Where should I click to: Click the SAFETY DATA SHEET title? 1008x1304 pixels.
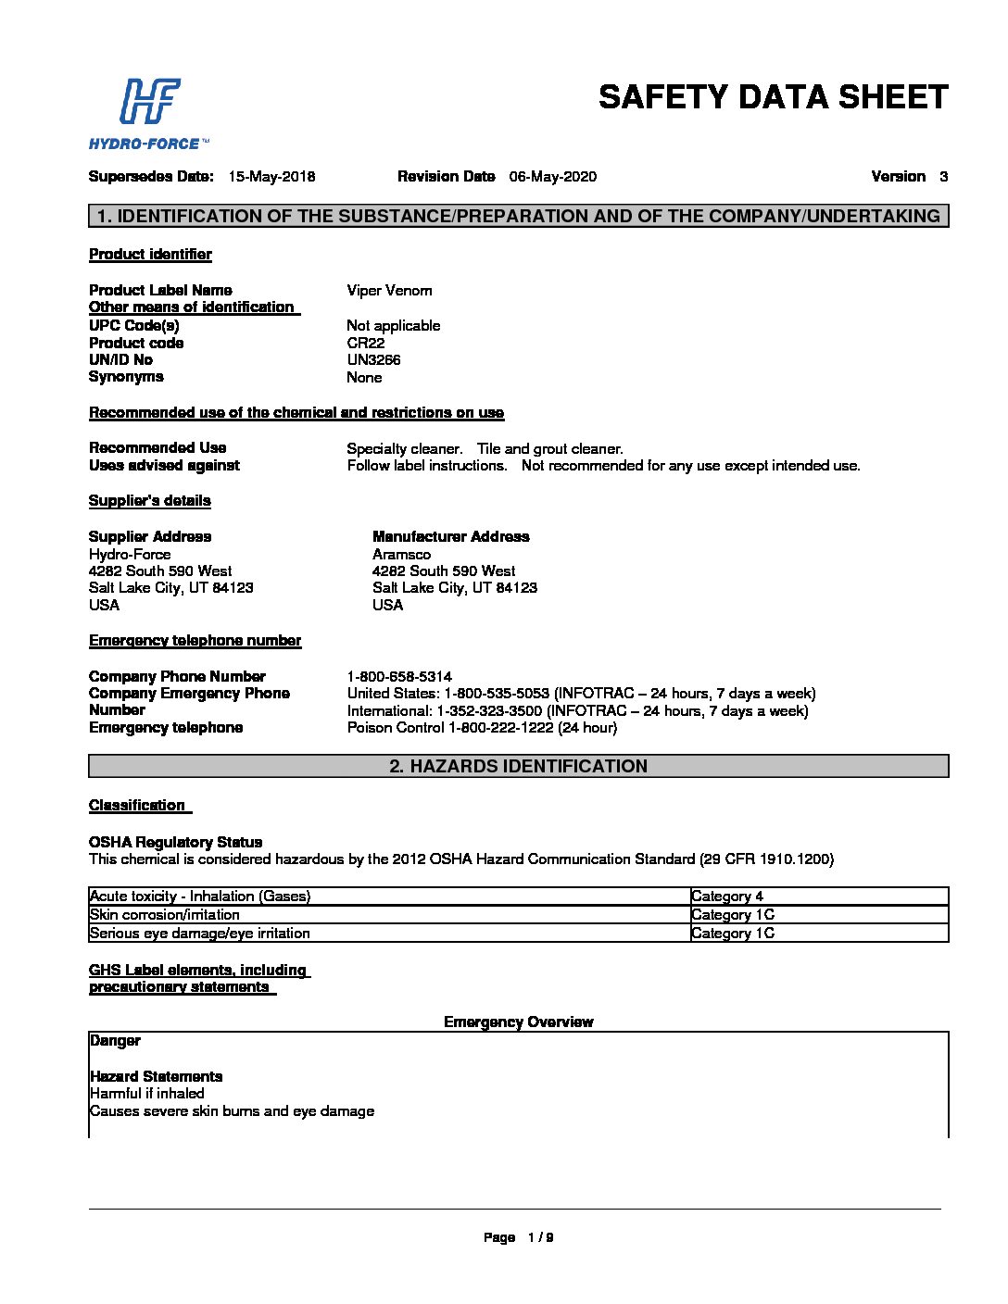click(773, 97)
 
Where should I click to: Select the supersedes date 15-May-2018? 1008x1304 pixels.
click(271, 177)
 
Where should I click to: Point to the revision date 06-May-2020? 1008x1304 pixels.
click(552, 177)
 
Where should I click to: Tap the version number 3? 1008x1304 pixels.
click(943, 177)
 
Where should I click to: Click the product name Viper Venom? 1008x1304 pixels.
click(389, 291)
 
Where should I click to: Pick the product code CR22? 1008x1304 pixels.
click(365, 343)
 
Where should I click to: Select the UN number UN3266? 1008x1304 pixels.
click(373, 360)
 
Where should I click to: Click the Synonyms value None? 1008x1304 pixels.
click(364, 378)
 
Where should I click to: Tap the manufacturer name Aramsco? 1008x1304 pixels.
click(401, 555)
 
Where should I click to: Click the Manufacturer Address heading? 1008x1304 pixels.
click(450, 537)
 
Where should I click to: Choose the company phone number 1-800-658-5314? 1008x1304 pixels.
click(399, 677)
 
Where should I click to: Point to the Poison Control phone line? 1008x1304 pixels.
click(482, 728)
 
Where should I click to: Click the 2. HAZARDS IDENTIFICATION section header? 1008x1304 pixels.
click(518, 766)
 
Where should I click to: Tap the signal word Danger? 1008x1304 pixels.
click(115, 1041)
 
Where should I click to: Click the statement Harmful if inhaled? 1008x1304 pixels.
click(147, 1094)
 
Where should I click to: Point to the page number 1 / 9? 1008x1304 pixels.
click(540, 1237)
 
